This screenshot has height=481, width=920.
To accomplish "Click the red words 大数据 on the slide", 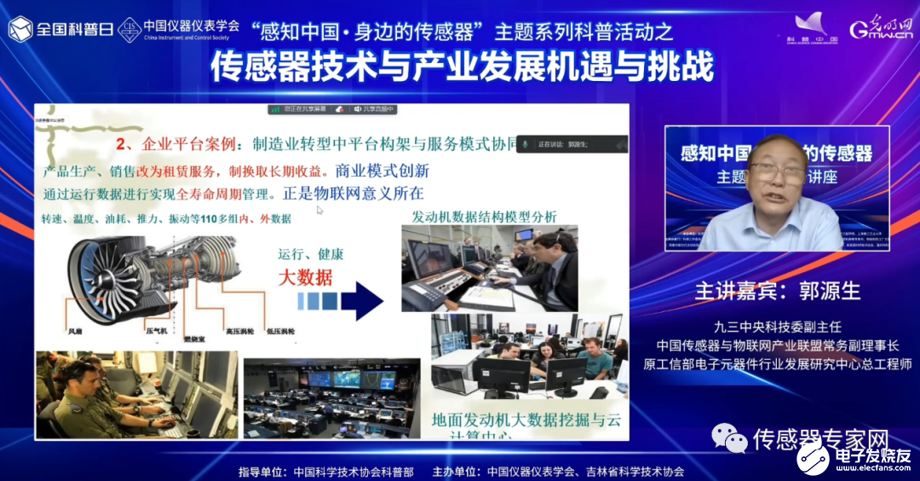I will click(x=304, y=276).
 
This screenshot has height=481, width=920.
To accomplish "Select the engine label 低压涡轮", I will click(x=280, y=329).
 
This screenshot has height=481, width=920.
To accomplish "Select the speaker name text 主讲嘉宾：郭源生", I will click(x=777, y=291).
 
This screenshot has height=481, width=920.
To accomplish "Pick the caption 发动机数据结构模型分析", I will click(x=484, y=217).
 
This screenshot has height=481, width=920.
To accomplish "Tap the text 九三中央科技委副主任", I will click(x=778, y=326).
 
